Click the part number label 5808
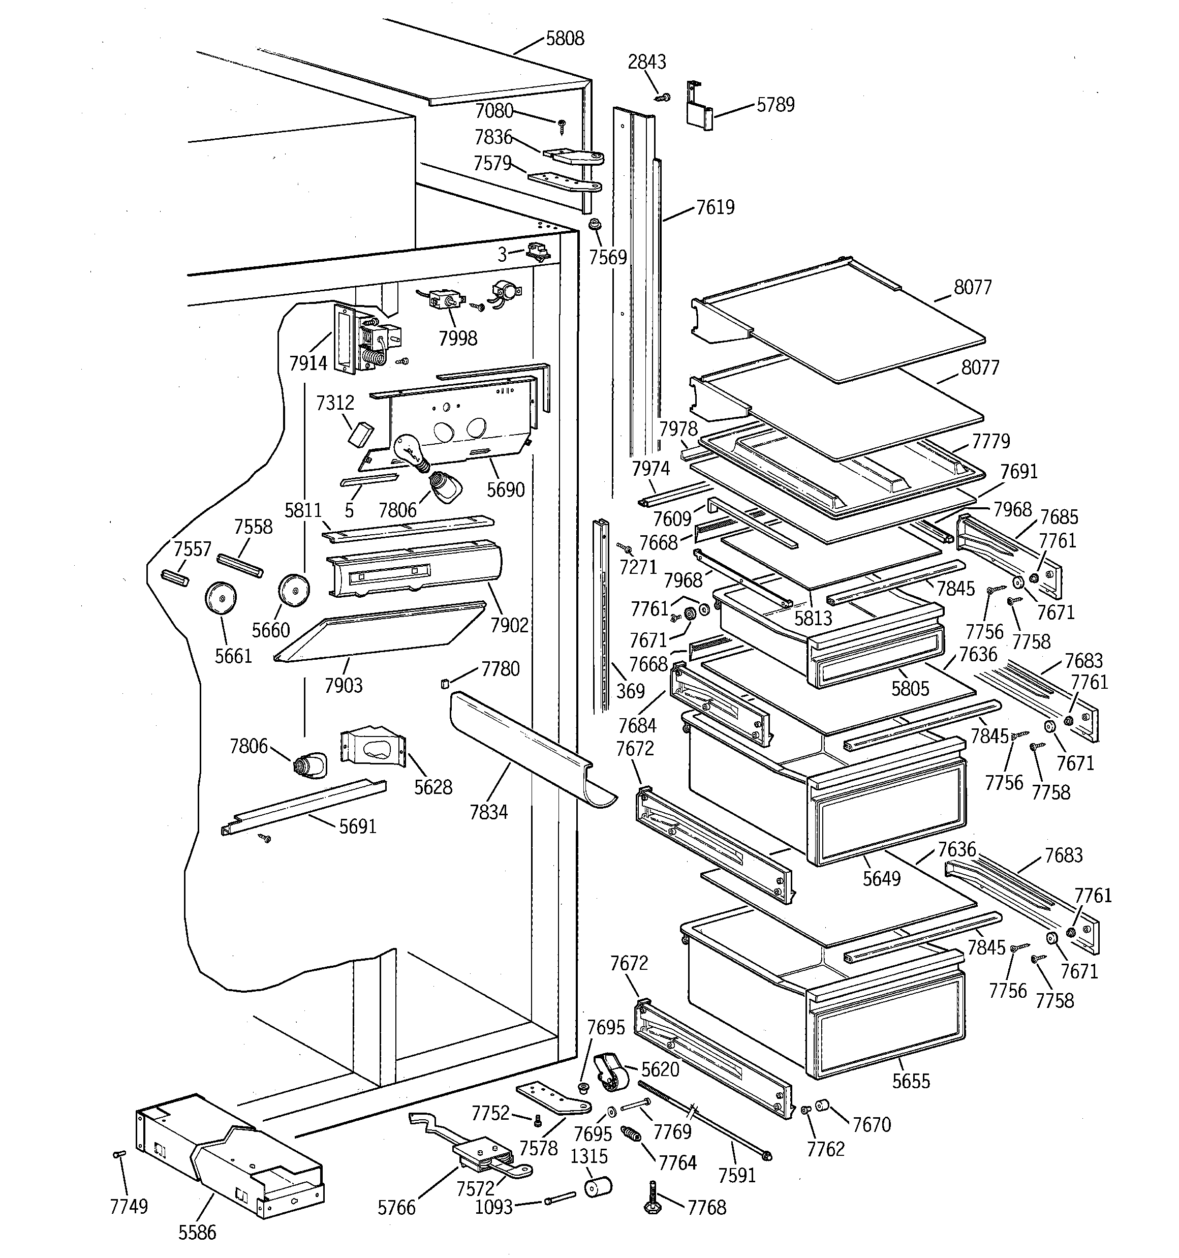[x=565, y=39]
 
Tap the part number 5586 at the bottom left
[x=197, y=1232]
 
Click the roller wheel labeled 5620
[x=611, y=1074]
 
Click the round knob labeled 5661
[x=220, y=597]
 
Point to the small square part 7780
[x=444, y=682]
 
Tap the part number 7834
[x=488, y=812]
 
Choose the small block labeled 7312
[x=361, y=434]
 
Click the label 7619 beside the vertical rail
[x=715, y=207]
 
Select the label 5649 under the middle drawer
[x=882, y=878]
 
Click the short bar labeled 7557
[x=175, y=578]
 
